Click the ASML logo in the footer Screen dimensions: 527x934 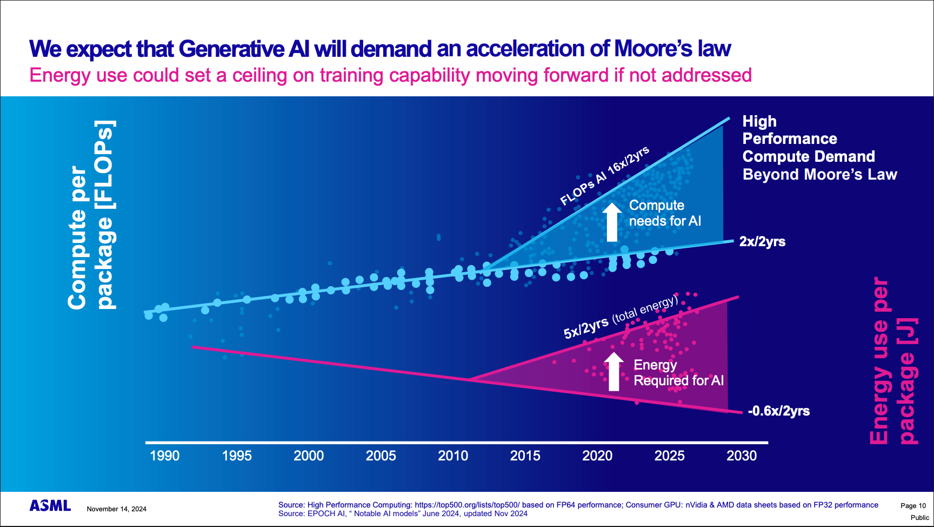coord(50,506)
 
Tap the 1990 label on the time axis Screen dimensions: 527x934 coord(164,456)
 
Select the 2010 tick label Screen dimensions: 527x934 coord(453,456)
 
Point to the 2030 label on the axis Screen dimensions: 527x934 coord(742,456)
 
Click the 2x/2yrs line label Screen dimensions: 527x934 coord(762,241)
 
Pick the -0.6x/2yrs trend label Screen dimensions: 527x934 coord(778,411)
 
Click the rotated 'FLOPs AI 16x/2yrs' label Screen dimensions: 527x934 coord(604,176)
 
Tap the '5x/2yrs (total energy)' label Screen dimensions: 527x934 coord(621,317)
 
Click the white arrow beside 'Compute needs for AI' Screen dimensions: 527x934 coord(612,222)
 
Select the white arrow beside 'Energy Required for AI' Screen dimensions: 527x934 coord(613,372)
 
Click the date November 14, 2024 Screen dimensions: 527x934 coord(116,509)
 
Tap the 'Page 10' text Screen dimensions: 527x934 coord(913,506)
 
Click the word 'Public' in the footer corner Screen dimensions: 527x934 coord(919,518)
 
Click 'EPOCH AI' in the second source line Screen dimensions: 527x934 coord(326,513)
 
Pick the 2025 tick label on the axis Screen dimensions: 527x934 coord(669,456)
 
